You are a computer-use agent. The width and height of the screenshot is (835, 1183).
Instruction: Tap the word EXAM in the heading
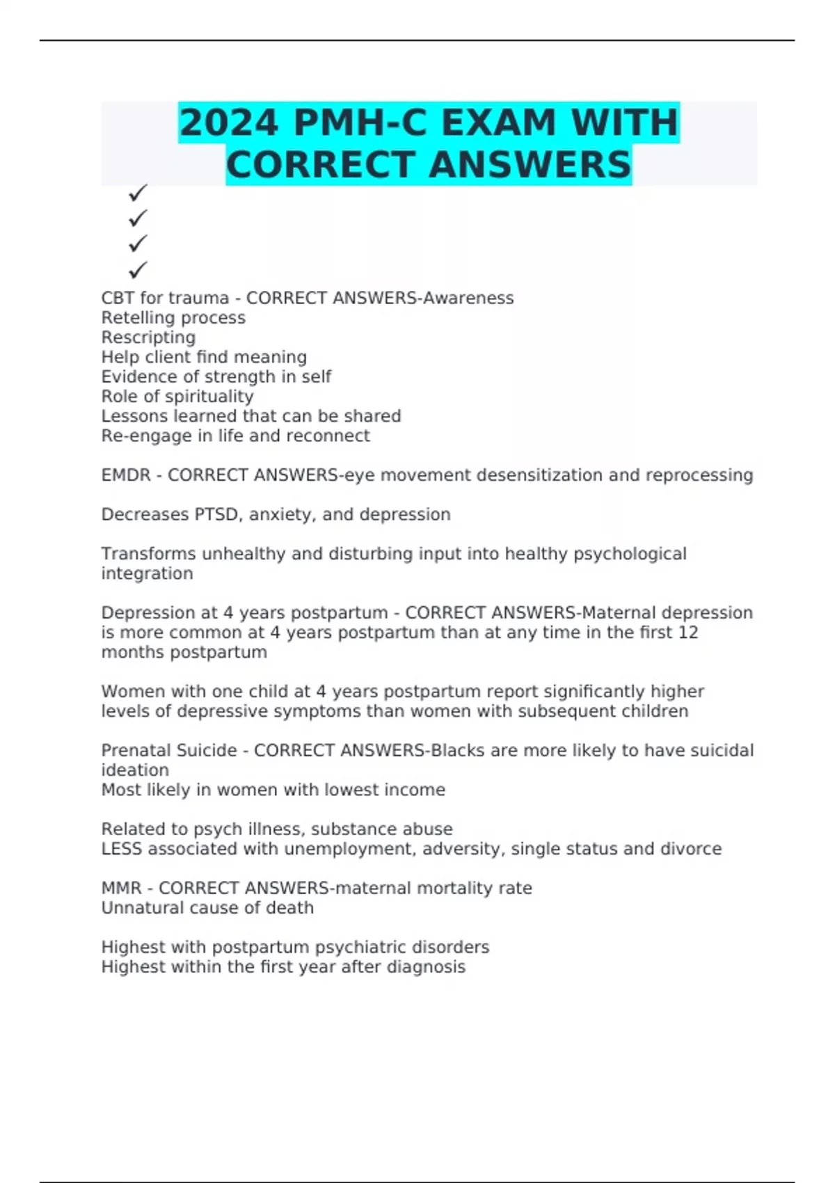coord(499,123)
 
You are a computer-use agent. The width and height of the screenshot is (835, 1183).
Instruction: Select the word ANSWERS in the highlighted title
coord(530,166)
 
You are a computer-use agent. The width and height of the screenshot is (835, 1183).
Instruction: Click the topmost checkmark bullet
coord(138,192)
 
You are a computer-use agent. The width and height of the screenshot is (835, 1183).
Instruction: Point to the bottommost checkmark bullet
coord(138,269)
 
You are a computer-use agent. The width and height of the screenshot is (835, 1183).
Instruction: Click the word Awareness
coord(468,298)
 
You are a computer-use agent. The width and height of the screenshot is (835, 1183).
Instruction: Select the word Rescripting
coord(148,338)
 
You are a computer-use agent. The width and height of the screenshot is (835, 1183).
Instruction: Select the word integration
coord(147,573)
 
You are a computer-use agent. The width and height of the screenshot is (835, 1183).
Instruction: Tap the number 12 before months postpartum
coord(688,633)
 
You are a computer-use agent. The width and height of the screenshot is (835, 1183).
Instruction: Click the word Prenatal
coord(134,751)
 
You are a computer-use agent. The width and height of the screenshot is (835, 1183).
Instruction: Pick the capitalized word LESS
coord(121,849)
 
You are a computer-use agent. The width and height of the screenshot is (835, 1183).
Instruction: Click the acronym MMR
coord(121,889)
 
